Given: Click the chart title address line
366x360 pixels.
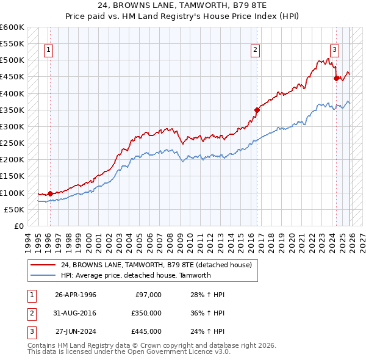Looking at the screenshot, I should [x=182, y=5].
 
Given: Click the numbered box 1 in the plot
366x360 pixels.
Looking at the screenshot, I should [x=49, y=51].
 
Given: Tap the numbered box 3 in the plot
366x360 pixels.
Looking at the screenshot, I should [x=335, y=51].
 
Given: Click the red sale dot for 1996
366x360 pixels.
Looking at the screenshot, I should [x=50, y=193].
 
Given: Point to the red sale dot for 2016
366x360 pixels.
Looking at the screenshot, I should [x=257, y=110].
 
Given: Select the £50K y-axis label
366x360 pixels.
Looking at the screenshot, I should [x=14, y=209].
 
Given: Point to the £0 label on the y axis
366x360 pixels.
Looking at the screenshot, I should [x=19, y=226].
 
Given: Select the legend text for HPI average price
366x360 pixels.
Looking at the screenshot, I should [x=135, y=275].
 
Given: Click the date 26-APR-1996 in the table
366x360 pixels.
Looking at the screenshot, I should [x=76, y=295].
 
